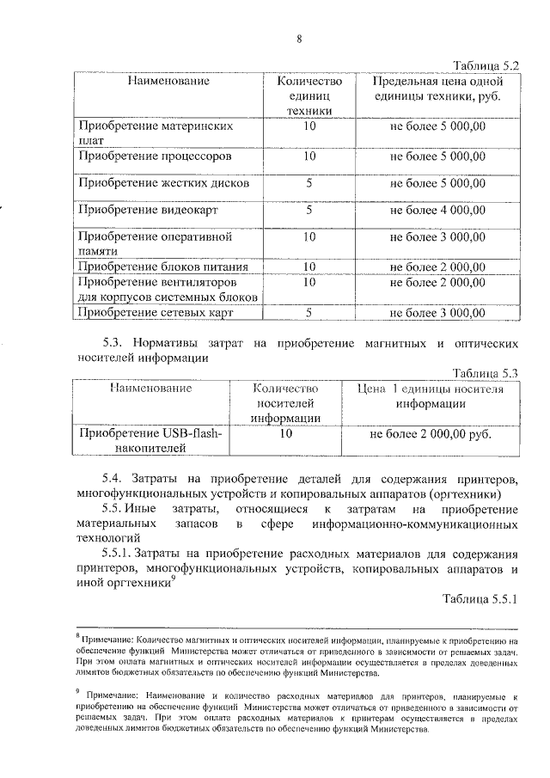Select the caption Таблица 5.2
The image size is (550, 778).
coord(486,64)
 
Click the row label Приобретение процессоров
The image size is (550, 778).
coord(155,156)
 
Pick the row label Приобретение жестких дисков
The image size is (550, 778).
coord(164,183)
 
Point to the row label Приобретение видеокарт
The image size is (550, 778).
coord(148,209)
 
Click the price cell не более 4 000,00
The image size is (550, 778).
coord(437,209)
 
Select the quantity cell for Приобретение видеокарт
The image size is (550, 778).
coord(309,209)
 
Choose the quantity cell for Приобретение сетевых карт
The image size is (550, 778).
coord(309,313)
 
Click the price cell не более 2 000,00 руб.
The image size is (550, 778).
coord(431,434)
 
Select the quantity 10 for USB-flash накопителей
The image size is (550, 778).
coord(286,434)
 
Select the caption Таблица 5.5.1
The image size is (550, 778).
coord(480,597)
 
